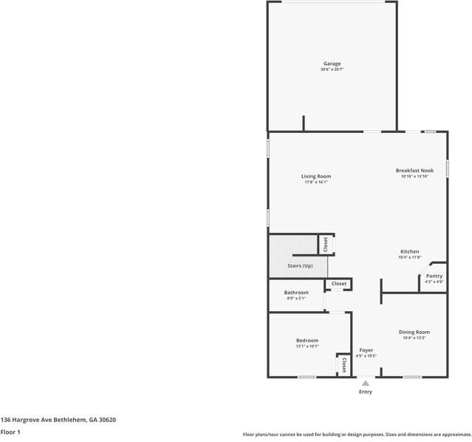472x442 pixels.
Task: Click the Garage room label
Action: click(332, 64)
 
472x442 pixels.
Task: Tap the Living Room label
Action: click(315, 176)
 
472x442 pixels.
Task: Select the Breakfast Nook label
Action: click(414, 170)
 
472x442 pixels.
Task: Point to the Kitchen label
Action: click(410, 251)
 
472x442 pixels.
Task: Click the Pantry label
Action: click(434, 276)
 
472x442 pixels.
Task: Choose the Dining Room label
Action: click(414, 332)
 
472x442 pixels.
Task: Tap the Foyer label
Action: click(366, 350)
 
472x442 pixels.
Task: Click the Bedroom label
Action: click(307, 340)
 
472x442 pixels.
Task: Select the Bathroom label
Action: click(296, 293)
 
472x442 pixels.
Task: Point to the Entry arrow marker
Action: click(366, 383)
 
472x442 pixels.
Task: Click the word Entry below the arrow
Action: click(366, 392)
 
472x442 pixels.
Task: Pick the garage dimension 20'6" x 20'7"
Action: click(332, 69)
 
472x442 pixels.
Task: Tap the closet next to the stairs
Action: click(324, 244)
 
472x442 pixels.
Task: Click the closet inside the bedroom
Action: click(344, 364)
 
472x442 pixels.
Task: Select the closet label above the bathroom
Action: click(339, 284)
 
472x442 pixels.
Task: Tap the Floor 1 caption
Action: click(10, 432)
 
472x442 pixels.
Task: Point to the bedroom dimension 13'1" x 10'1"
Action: click(307, 345)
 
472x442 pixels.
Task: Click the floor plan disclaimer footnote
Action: click(357, 435)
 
